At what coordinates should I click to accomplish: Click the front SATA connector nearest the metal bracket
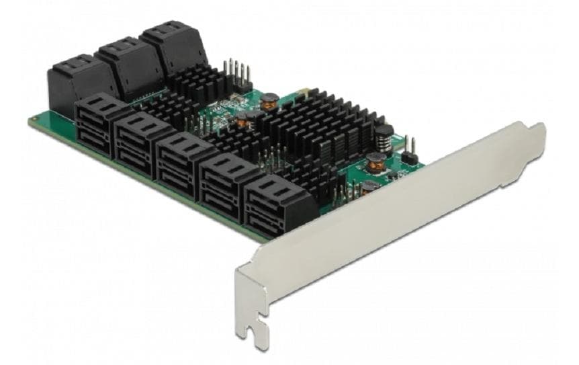273,202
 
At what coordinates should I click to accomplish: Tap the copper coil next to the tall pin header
271,100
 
